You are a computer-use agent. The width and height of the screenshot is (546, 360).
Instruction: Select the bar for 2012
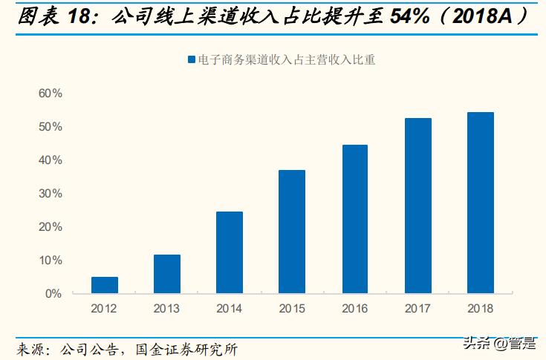coord(105,285)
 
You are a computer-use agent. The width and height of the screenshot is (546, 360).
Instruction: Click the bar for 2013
coord(167,274)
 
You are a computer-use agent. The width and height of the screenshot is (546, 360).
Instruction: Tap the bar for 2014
coord(230,252)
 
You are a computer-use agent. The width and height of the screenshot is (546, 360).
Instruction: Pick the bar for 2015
coord(292,232)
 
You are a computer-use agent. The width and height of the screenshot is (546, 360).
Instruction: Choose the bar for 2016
coord(354,219)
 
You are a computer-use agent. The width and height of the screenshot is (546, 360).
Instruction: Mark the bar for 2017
coord(417,206)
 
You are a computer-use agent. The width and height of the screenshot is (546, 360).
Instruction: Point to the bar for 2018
coord(480,203)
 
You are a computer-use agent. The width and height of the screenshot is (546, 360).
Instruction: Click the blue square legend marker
coord(191,60)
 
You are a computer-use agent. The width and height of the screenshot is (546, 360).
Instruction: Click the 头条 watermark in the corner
coord(476,344)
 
